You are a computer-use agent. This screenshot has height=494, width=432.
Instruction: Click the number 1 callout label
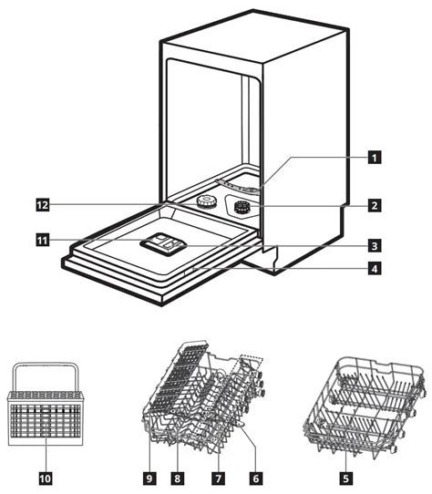(375, 157)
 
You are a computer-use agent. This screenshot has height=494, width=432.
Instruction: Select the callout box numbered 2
(375, 205)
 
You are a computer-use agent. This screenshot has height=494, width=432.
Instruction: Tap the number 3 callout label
(375, 245)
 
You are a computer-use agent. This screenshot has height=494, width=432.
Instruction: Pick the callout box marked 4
(375, 269)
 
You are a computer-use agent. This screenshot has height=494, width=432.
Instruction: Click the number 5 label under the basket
(346, 479)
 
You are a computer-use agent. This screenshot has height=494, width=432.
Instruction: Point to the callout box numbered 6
(256, 479)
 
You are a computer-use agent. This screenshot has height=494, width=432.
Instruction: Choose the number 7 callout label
(219, 479)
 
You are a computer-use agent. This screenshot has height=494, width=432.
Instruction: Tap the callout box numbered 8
(178, 479)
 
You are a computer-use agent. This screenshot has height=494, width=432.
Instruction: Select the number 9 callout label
(149, 479)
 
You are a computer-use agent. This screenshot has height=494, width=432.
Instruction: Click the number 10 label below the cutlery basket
(45, 479)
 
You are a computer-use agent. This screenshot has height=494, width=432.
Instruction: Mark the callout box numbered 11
(43, 241)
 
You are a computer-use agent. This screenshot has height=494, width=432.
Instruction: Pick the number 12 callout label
(43, 205)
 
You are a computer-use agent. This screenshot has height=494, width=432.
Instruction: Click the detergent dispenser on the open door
(163, 244)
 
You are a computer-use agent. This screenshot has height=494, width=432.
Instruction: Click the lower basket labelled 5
(364, 407)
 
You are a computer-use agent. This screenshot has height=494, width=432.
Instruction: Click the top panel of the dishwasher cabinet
(253, 36)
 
